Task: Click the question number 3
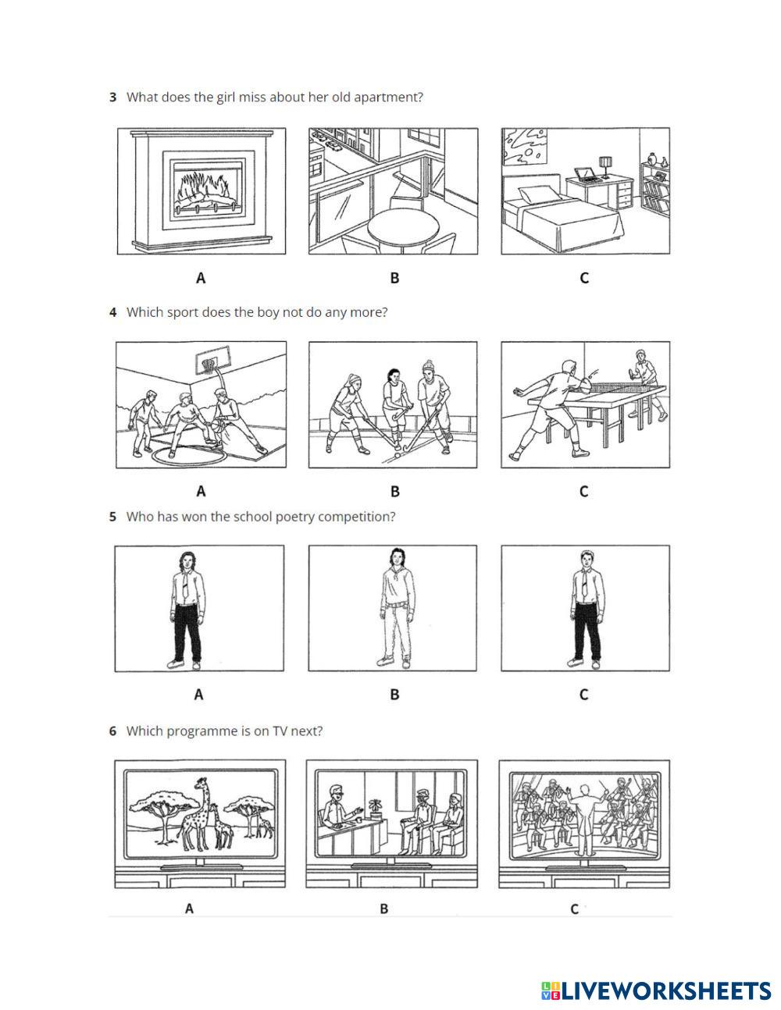tap(112, 97)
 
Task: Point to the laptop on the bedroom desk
tap(587, 174)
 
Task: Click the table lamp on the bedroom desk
tap(604, 167)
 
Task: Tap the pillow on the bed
tap(538, 194)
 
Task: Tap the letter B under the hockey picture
tap(394, 491)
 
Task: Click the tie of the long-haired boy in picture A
tap(185, 584)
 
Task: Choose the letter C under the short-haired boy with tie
tap(584, 695)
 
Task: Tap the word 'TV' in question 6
tap(280, 731)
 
